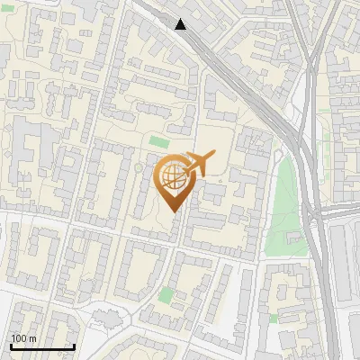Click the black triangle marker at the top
(x=181, y=24)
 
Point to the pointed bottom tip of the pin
(x=175, y=212)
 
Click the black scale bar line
(x=42, y=347)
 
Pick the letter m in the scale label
(x=33, y=339)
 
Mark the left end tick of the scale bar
(x=11, y=346)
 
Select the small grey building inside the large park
(x=292, y=238)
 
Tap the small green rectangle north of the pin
(x=159, y=141)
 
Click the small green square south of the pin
(x=166, y=294)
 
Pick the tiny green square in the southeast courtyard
(x=273, y=318)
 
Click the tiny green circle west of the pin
(x=138, y=166)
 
